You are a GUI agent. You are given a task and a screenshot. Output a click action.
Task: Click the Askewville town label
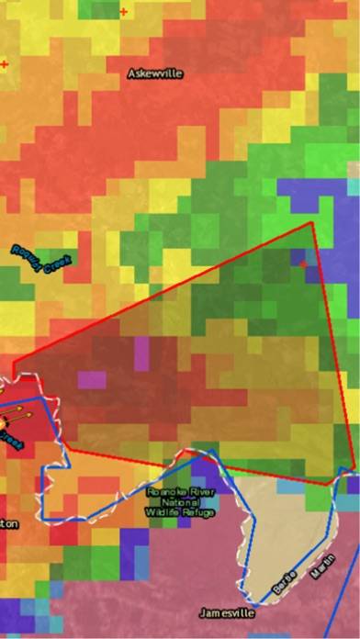click(155, 73)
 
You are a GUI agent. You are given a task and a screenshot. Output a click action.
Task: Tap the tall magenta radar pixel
click(141, 353)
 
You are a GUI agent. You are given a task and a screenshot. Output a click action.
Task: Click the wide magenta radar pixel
click(91, 378)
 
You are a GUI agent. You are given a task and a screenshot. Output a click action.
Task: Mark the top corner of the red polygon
click(313, 222)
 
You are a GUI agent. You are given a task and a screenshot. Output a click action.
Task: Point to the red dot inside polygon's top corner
click(303, 263)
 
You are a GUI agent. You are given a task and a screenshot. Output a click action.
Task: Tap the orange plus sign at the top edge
click(123, 12)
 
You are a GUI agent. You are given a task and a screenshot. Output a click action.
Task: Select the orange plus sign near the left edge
click(5, 64)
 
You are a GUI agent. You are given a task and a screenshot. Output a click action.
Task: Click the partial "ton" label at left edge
click(7, 524)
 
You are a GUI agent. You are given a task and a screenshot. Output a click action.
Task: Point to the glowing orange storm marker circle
click(3, 422)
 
